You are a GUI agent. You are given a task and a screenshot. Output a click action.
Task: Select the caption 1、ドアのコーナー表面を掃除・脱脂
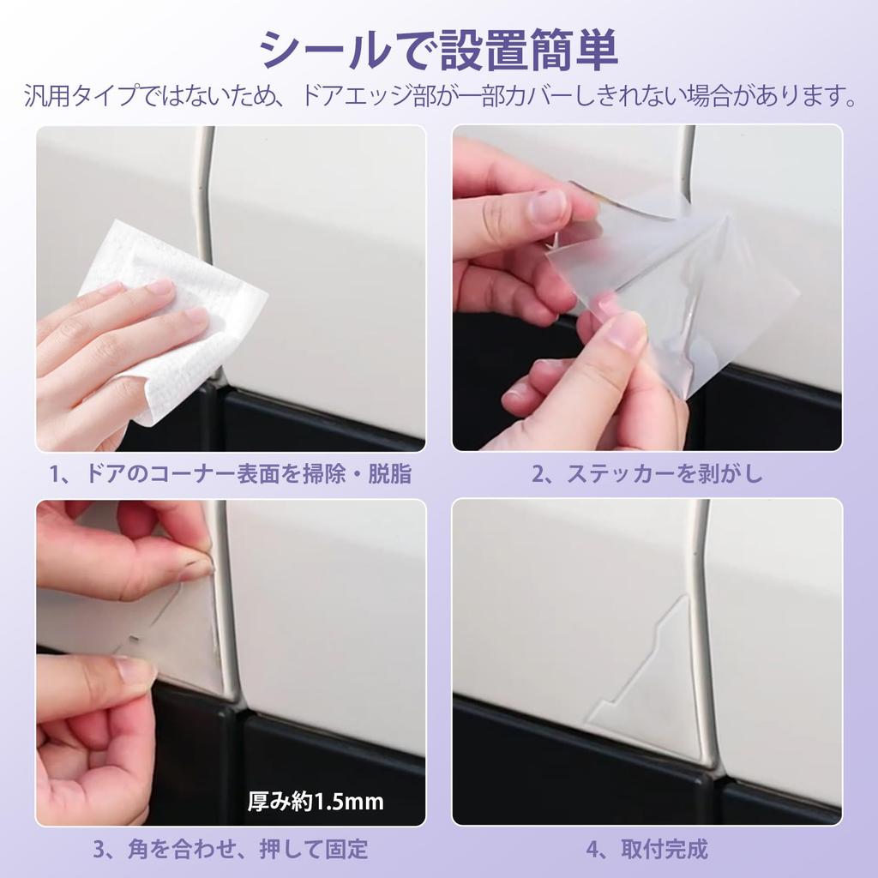pyautogui.click(x=231, y=474)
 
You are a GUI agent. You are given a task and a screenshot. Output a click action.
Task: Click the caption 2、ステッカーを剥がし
pyautogui.click(x=646, y=474)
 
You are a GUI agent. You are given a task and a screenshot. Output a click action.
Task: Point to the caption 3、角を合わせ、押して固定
pyautogui.click(x=231, y=850)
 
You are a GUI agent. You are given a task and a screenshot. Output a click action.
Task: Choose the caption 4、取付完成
pyautogui.click(x=646, y=850)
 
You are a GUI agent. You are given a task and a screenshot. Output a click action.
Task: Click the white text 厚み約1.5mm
pyautogui.click(x=316, y=803)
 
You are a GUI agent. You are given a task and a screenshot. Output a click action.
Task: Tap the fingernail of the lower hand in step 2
pyautogui.click(x=626, y=330)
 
